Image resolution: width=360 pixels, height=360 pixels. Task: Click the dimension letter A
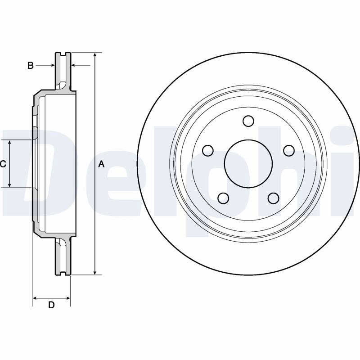101,164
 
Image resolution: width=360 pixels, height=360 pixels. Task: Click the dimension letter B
30,65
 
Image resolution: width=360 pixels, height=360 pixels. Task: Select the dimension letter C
3,164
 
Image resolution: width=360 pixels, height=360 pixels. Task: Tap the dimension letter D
51,305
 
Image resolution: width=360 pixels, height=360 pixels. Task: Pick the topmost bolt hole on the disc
248,121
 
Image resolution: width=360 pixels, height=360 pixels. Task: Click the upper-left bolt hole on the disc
208,151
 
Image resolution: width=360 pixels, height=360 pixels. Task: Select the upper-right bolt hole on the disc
289,151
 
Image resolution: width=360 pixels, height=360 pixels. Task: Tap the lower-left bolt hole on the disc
223,198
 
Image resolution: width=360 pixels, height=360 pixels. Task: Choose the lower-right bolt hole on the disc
274,198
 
